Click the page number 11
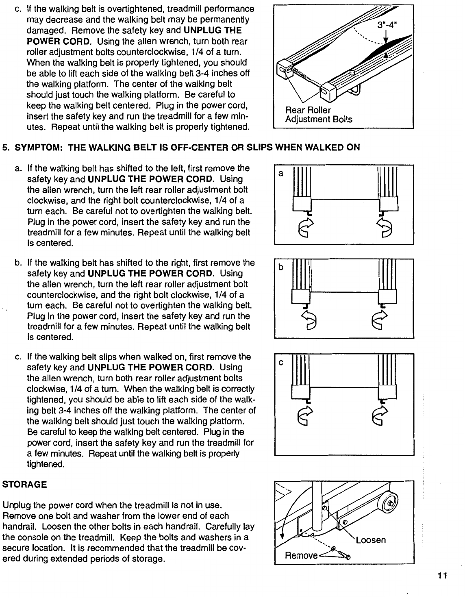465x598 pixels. pos(442,575)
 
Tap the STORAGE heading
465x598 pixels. pos(25,485)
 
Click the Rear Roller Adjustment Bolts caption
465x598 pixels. pos(318,115)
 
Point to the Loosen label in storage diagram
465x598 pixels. pos(371,540)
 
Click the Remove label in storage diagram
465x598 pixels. pos(300,555)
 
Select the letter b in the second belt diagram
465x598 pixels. pos(280,267)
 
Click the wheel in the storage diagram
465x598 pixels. pos(389,504)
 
